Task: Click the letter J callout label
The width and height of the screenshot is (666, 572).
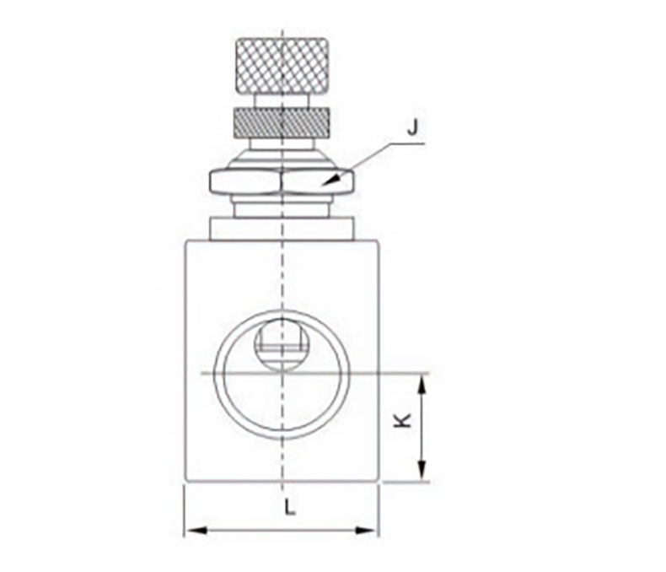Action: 412,127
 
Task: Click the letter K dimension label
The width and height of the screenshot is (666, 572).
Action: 402,420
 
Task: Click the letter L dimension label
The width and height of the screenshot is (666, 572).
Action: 290,507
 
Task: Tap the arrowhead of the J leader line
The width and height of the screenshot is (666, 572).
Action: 332,180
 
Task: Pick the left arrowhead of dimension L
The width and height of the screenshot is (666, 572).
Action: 196,531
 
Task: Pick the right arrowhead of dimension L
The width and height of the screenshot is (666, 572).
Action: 366,531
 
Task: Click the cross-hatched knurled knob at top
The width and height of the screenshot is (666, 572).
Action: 282,66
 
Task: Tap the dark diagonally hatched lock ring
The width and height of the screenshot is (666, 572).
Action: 282,122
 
